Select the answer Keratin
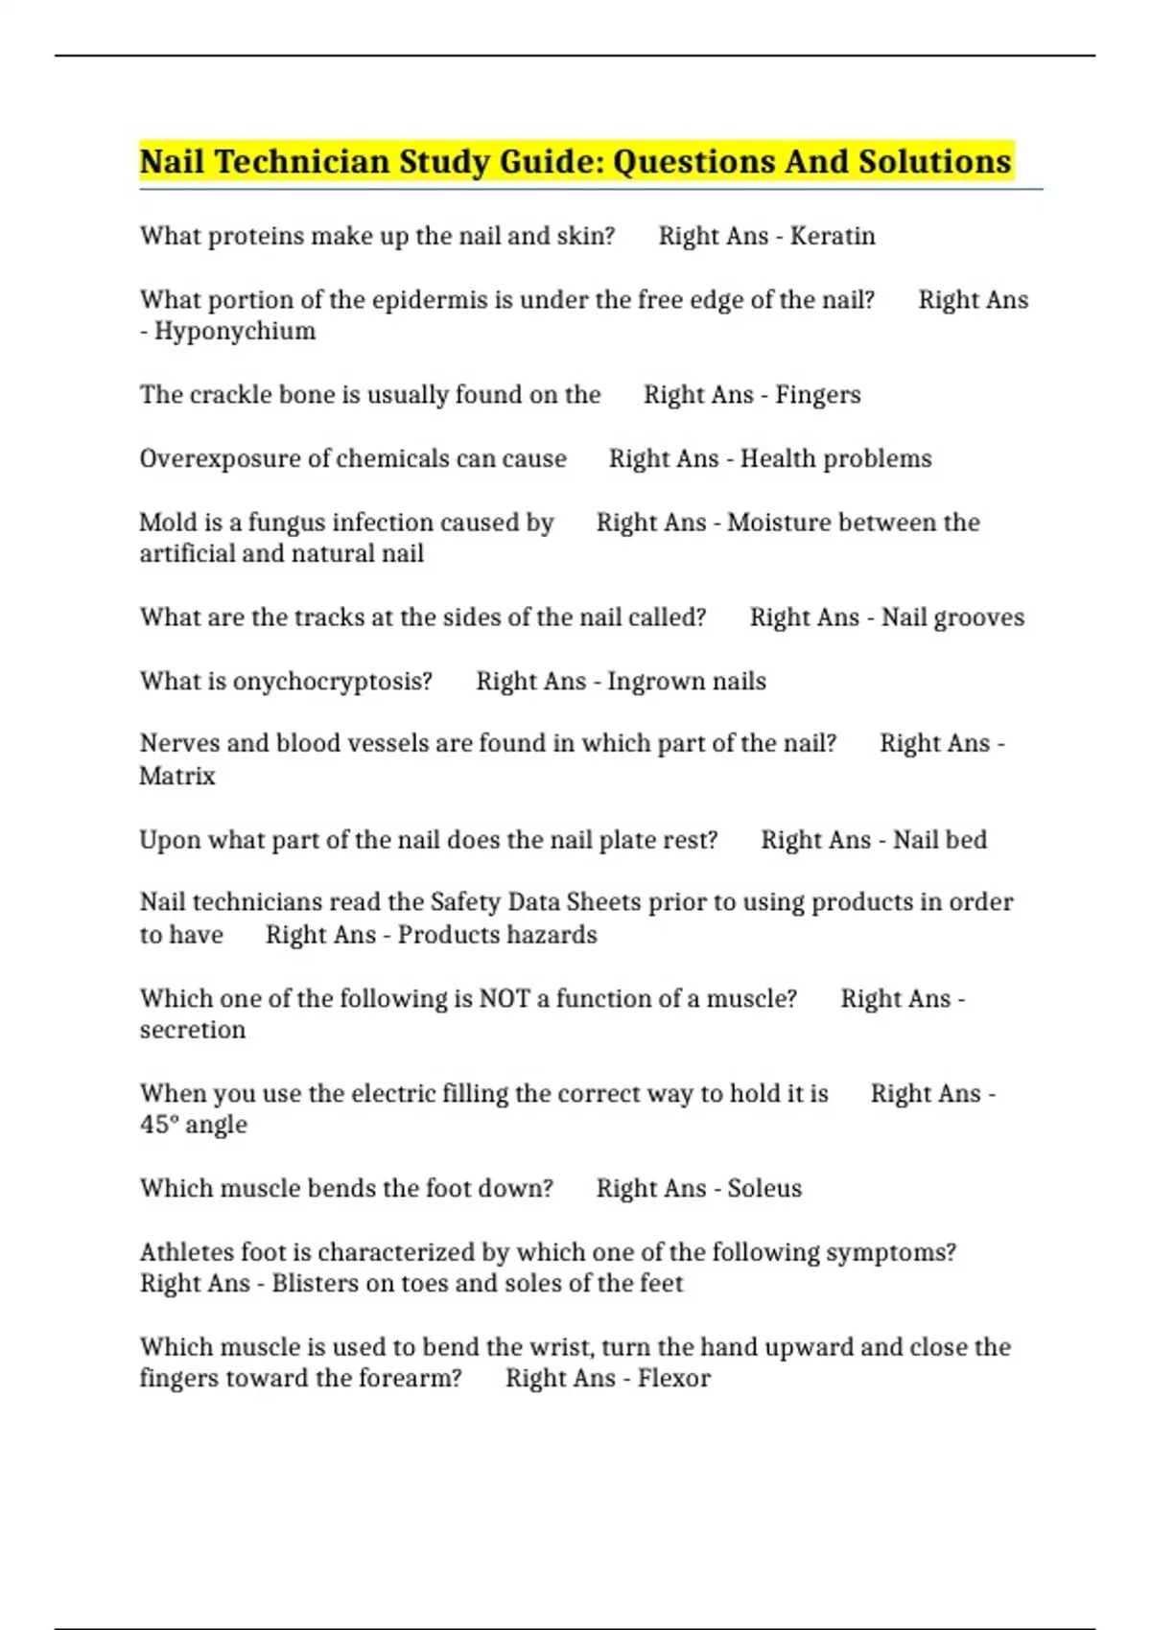coord(832,236)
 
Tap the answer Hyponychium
coord(235,332)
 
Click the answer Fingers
coord(817,395)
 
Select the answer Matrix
coord(177,776)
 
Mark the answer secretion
coord(193,1031)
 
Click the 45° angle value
coord(194,1125)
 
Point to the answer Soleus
coord(763,1189)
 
